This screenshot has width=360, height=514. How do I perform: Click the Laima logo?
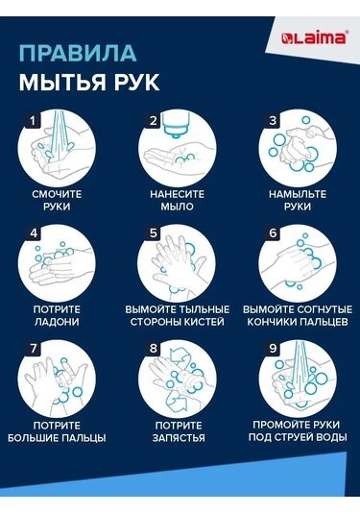(314, 37)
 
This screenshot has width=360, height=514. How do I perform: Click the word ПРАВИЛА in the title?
(78, 54)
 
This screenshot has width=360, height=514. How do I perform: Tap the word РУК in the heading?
(136, 82)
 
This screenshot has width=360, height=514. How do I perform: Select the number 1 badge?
(33, 120)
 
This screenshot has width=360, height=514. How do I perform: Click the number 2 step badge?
(153, 120)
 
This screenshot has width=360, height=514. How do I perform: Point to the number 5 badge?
(153, 233)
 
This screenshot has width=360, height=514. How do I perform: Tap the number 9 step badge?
(273, 348)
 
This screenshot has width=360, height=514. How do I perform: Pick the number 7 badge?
(33, 348)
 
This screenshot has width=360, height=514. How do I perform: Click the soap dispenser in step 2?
(177, 125)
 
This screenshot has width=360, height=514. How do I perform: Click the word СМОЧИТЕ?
(57, 194)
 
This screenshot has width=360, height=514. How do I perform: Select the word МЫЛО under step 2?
(177, 207)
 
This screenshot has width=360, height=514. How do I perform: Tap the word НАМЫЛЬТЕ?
(298, 194)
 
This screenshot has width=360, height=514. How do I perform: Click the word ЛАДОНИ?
(57, 322)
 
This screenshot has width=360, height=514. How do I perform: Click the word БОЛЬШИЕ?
(33, 438)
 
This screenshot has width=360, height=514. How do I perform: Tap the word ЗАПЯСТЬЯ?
(179, 438)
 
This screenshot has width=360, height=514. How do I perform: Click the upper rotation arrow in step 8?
(179, 356)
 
